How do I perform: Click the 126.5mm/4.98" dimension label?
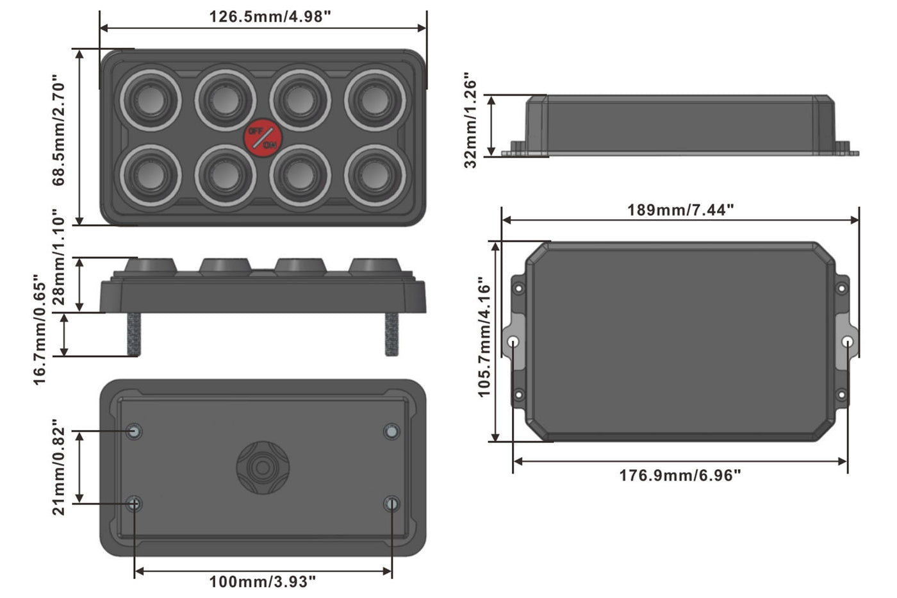click(270, 16)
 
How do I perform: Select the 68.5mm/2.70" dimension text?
click(58, 133)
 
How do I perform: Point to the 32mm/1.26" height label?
click(471, 120)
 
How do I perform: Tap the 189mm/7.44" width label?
click(680, 210)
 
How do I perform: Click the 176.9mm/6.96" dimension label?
click(680, 476)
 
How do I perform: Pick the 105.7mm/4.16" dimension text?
click(485, 337)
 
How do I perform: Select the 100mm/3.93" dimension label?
click(263, 582)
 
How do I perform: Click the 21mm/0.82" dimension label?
click(58, 468)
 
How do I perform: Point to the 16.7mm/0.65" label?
click(40, 330)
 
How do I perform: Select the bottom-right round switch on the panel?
click(375, 176)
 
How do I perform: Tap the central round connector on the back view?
click(262, 467)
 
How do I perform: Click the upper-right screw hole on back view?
click(391, 431)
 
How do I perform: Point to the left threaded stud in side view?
click(135, 334)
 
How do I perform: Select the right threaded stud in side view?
click(391, 334)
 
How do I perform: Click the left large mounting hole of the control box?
click(513, 342)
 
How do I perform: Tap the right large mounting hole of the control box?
click(847, 342)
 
